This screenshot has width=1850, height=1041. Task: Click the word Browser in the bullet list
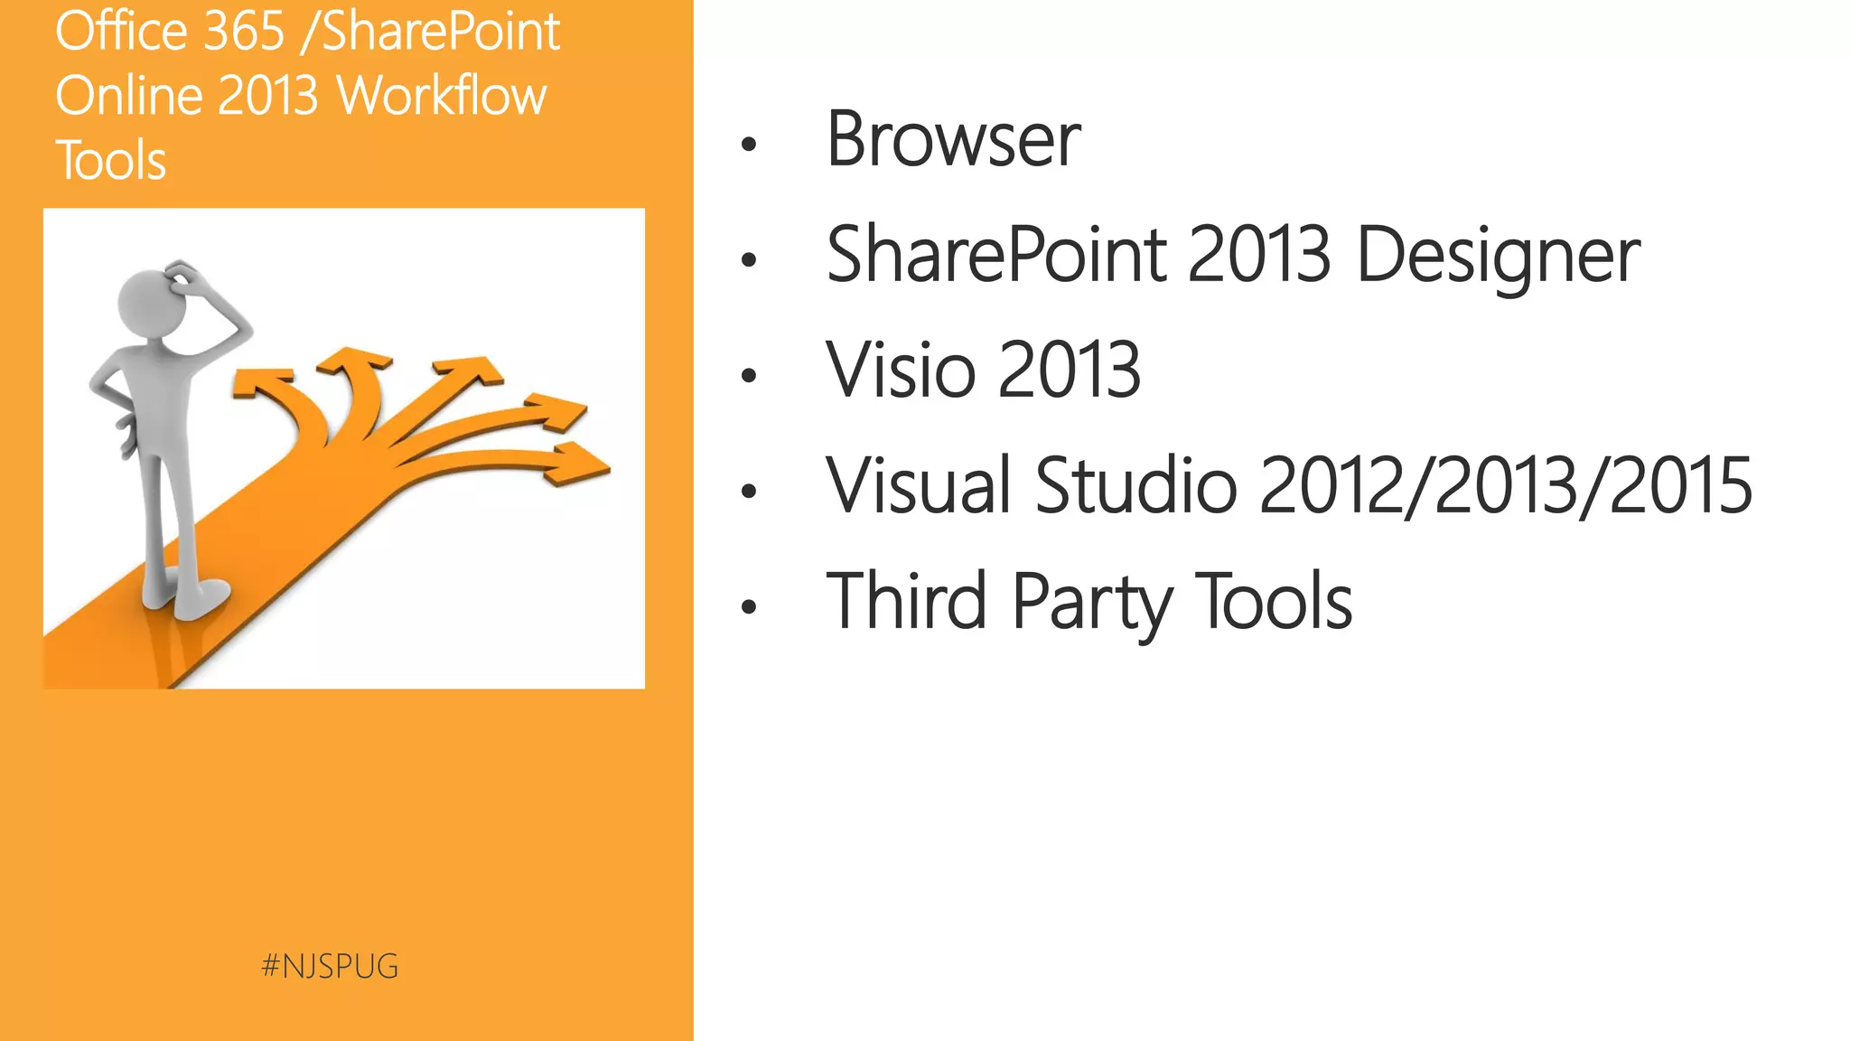(x=953, y=140)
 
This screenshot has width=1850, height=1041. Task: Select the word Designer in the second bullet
(x=1498, y=256)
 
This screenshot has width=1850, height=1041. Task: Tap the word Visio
(x=901, y=370)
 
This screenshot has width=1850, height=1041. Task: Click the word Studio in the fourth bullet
(x=1135, y=486)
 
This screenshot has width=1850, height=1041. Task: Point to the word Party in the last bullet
(x=1091, y=603)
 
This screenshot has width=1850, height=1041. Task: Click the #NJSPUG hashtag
(x=330, y=966)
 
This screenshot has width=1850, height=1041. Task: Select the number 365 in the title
(x=244, y=32)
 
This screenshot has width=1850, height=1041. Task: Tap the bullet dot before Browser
(x=748, y=145)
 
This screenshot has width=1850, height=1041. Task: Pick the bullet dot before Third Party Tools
(x=748, y=607)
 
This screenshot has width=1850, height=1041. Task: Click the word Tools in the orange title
(x=111, y=161)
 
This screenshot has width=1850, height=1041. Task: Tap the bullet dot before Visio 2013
(x=748, y=376)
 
